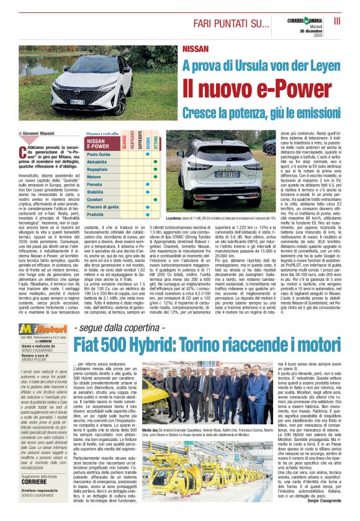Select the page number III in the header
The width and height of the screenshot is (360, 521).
pos(337,21)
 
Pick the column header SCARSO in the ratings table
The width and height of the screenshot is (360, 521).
pos(124,144)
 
